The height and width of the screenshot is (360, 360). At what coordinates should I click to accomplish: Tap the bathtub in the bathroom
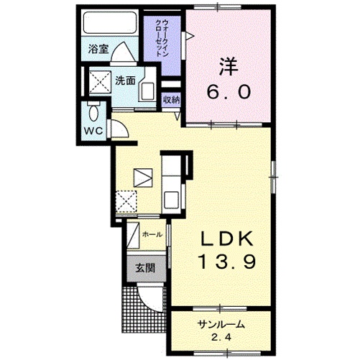110,22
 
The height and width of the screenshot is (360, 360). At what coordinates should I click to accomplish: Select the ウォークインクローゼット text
162,38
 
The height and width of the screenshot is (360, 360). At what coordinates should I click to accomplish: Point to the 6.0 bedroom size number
229,92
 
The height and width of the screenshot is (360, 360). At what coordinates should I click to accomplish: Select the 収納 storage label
172,100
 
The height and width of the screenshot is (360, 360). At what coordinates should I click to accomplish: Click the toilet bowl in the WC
93,114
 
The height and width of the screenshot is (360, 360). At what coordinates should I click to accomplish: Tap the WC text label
93,131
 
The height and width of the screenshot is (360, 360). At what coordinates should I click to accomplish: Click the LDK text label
226,239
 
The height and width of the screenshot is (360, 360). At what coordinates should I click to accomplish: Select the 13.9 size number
227,262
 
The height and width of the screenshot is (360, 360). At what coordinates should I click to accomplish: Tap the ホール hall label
152,234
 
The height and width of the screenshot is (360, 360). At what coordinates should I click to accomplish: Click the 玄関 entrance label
145,268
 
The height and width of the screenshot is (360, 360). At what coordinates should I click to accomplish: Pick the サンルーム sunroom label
221,325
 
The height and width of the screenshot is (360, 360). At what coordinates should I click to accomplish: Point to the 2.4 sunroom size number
221,337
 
